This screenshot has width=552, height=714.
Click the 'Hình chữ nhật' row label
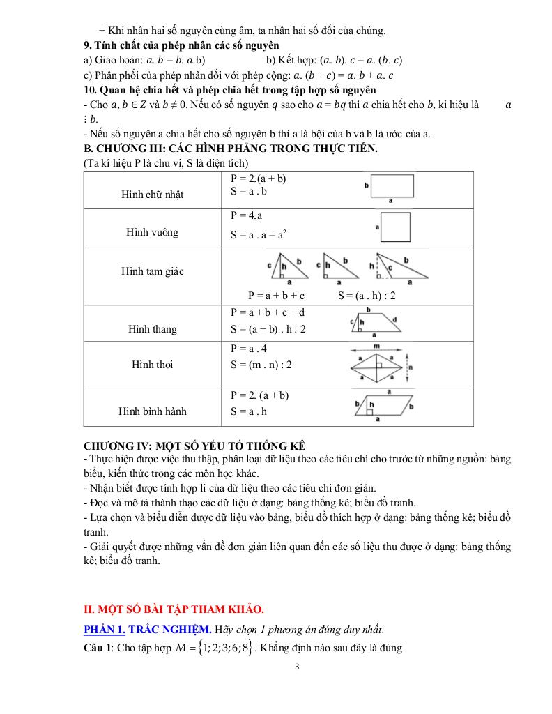point(152,195)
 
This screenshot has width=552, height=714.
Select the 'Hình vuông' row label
point(152,232)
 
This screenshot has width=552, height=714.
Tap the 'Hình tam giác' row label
point(152,271)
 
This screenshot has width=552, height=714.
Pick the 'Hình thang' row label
point(152,329)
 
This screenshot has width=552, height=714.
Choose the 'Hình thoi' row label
point(152,365)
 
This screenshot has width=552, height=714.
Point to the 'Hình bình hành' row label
point(152,411)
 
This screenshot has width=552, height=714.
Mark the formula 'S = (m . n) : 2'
point(261,365)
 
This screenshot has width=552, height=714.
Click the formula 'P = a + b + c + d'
point(267,312)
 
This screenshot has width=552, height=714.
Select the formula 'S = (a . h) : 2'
point(367,296)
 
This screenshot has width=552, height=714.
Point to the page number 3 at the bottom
point(297,667)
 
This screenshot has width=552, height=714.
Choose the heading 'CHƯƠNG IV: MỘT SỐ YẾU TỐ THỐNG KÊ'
point(194,446)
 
